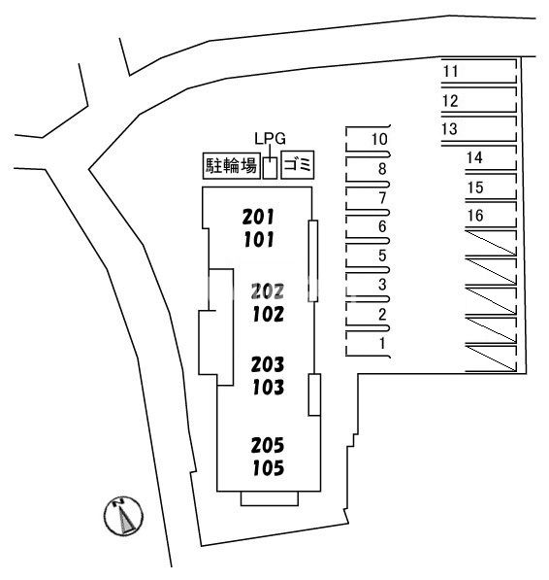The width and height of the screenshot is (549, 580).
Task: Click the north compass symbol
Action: point(123,516)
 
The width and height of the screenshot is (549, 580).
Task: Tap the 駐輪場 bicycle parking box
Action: point(232,166)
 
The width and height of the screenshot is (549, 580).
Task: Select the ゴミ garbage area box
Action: point(298,165)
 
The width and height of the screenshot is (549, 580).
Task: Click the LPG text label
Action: point(271,138)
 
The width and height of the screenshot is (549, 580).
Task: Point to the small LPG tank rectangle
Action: point(270,168)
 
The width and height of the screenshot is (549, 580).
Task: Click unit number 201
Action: point(258,217)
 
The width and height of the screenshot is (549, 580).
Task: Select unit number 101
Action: point(259,239)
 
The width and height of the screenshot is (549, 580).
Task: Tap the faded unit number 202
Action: point(268,291)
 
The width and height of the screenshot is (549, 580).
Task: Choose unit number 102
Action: point(268,314)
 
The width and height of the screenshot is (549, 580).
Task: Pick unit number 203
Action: point(268,364)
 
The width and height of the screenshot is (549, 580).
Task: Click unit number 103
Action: point(268,387)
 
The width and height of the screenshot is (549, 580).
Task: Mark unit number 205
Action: point(268,445)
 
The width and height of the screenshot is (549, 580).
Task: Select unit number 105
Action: point(268,467)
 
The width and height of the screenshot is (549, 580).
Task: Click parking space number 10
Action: point(379,140)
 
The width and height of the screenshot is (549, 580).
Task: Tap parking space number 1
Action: point(382,343)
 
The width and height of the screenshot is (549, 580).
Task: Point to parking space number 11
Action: point(450,71)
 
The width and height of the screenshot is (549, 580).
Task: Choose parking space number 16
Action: point(475,216)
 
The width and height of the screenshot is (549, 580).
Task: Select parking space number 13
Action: point(450,129)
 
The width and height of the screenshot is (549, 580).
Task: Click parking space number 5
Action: point(382,256)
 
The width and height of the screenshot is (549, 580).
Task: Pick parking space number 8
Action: point(382,169)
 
